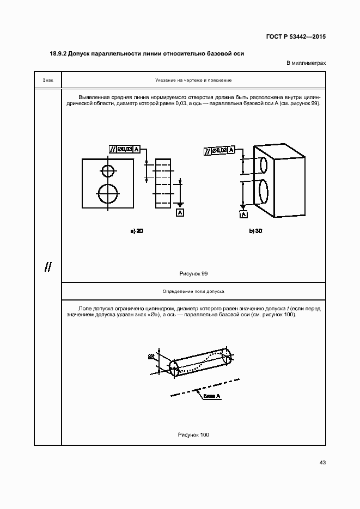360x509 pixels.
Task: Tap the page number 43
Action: pos(322,463)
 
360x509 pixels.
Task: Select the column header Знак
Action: pos(48,80)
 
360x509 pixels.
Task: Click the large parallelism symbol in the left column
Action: pos(48,267)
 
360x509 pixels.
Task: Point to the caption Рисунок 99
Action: pos(193,273)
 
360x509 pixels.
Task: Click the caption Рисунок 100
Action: pos(193,434)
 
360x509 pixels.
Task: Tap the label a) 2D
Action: pos(136,231)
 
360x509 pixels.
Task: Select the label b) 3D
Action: pos(256,231)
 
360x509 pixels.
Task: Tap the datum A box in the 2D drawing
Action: pos(180,212)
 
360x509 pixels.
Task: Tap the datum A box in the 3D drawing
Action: pos(243,214)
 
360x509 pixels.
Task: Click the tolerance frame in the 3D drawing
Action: pos(219,150)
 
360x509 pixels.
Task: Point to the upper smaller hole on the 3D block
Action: pos(264,164)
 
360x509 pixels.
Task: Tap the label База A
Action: pos(212,396)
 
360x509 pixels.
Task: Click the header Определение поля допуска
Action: pos(193,292)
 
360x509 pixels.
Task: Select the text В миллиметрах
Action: pos(307,63)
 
